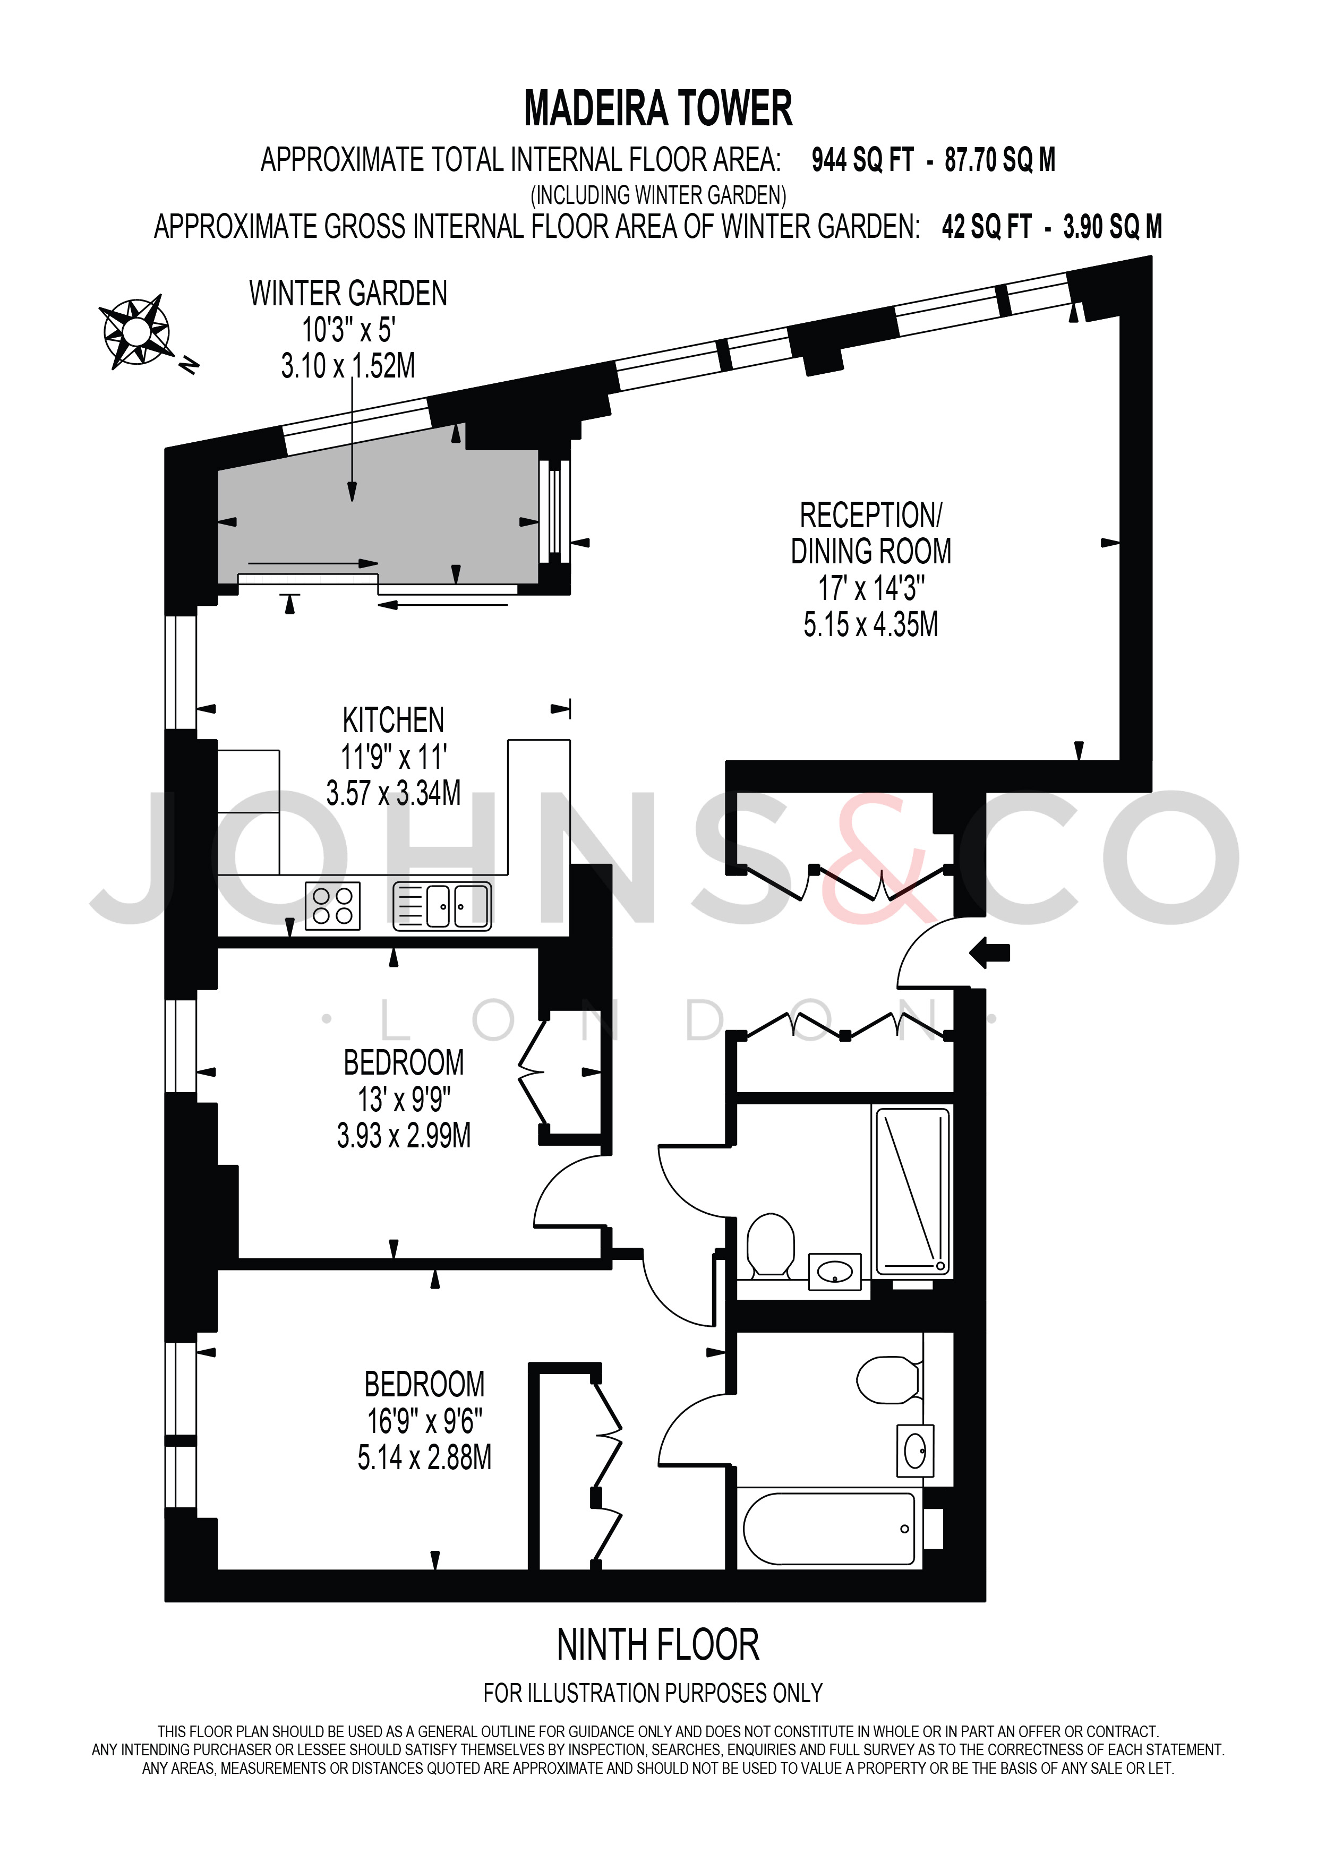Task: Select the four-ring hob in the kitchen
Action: coord(332,906)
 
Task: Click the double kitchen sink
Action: coord(442,906)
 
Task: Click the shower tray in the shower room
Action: coord(912,1190)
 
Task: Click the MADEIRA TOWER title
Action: coord(658,109)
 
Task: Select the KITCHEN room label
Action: coord(394,720)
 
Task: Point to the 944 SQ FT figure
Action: coord(863,160)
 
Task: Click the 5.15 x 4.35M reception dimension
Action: coord(871,624)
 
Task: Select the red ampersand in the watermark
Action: coord(874,860)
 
